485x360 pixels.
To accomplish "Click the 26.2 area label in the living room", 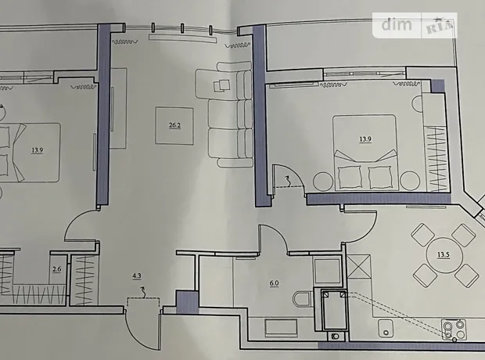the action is pos(174,125).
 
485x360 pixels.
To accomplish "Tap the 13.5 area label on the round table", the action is pos(444,255).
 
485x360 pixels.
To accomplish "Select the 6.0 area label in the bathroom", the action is pos(274,283).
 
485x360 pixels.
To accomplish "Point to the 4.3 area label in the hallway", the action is pos(137,275).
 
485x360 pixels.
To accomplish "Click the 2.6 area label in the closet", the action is pos(56,269).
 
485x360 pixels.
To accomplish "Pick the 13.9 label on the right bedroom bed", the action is pos(365,139).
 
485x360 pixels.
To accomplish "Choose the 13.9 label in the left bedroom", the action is pos(37,150).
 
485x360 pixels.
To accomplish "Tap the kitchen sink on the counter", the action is pos(386,328).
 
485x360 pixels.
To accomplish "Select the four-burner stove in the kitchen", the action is pos(454,329).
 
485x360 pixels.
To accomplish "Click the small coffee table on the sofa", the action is pos(222,85).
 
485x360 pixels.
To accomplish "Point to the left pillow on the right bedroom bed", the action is pos(350,177).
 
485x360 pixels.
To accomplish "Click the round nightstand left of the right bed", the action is pos(322,182).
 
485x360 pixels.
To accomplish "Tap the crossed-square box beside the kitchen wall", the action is pos(358,267).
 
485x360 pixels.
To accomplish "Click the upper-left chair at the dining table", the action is pos(423,236).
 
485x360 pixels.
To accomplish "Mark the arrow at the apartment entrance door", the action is pos(143,292).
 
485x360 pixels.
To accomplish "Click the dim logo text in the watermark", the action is pos(397,25).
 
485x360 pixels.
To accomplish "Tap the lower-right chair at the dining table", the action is pos(467,275).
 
